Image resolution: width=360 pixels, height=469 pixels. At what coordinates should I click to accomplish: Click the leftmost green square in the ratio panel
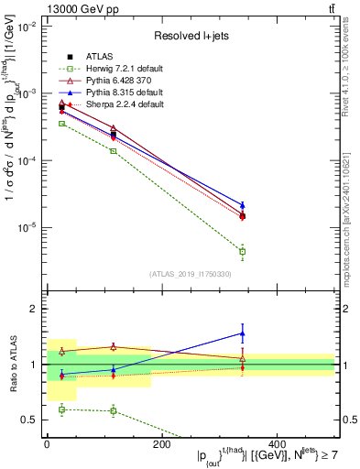pos(61,409)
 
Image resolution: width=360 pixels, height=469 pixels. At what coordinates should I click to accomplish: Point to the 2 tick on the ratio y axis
pos(38,309)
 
